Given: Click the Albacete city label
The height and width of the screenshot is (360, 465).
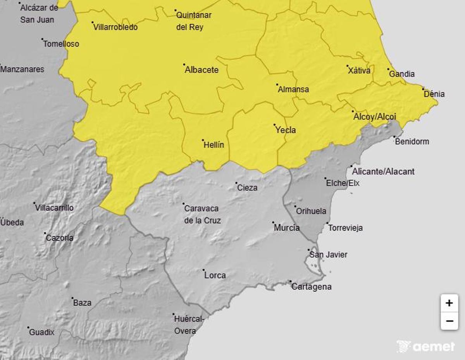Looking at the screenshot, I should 201,70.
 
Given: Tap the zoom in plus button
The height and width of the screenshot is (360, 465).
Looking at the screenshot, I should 449,303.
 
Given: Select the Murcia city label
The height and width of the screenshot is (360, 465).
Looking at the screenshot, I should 287,228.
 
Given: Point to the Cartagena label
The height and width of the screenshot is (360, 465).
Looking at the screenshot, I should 311,287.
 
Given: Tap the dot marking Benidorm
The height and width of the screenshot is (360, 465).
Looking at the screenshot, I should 394,137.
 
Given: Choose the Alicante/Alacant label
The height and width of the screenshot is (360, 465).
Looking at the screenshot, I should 383,171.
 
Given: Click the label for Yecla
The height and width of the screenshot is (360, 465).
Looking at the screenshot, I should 286,130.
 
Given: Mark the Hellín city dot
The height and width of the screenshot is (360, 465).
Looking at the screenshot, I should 203,140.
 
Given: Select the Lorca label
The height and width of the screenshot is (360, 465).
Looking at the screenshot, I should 215,276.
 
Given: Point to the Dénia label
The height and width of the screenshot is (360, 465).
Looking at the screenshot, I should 434,94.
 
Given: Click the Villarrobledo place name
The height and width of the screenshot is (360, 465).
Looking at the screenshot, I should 115,28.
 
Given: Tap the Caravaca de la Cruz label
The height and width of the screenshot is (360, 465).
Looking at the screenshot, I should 202,214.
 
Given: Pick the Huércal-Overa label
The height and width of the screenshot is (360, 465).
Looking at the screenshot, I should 188,325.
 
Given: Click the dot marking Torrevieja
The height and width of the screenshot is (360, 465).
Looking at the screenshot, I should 327,223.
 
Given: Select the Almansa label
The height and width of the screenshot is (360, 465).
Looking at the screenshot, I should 293,90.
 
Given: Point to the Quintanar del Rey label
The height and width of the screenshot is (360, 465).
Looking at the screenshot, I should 194,21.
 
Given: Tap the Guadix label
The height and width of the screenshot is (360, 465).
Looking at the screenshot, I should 42,332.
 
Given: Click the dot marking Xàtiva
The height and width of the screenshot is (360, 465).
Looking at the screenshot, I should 348,66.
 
